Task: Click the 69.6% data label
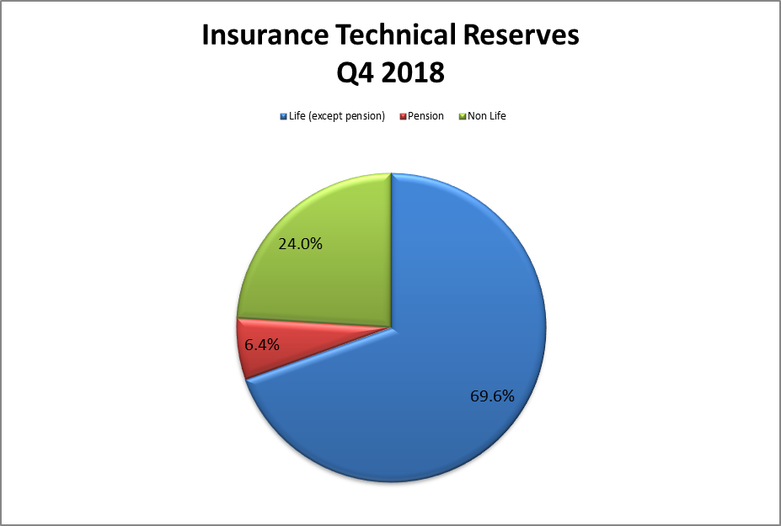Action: [x=492, y=396]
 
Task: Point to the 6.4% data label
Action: [x=261, y=344]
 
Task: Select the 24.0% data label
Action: [x=300, y=244]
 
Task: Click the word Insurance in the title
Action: [x=265, y=35]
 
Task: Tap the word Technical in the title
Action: [x=395, y=35]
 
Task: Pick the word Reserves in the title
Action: [x=521, y=35]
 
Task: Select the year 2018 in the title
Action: [x=413, y=72]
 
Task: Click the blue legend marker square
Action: [x=284, y=116]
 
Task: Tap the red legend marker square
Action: [x=403, y=116]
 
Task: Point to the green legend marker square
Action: [x=463, y=116]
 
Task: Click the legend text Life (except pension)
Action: [x=337, y=116]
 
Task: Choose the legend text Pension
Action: [x=425, y=116]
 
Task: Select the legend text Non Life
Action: [x=487, y=116]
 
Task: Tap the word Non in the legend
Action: [x=477, y=116]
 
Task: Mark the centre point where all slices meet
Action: [x=392, y=328]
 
